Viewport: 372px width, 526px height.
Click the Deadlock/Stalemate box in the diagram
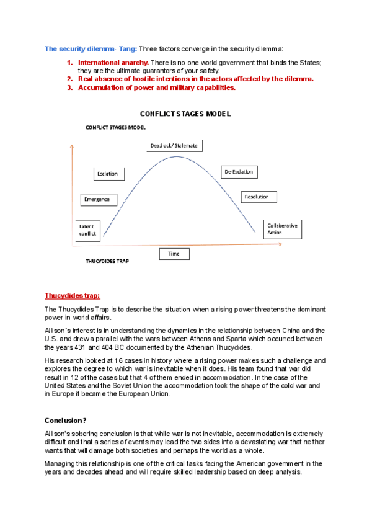click(174, 145)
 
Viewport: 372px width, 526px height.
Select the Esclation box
click(107, 174)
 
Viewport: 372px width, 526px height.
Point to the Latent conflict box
click(87, 230)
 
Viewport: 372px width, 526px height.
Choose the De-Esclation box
click(239, 172)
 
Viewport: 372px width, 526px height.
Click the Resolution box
click(259, 197)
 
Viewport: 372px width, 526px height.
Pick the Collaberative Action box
click(283, 229)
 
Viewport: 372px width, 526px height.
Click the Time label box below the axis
click(174, 254)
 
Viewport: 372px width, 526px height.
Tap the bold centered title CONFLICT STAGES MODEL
click(185, 114)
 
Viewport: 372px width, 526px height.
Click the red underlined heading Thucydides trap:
click(72, 296)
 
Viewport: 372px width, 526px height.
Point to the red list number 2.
click(69, 79)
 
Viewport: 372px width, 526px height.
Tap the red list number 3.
click(69, 87)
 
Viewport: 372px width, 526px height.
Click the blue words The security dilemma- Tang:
click(91, 48)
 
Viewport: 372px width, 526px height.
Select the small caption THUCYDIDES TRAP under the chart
click(107, 262)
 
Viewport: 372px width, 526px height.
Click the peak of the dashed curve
click(178, 156)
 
